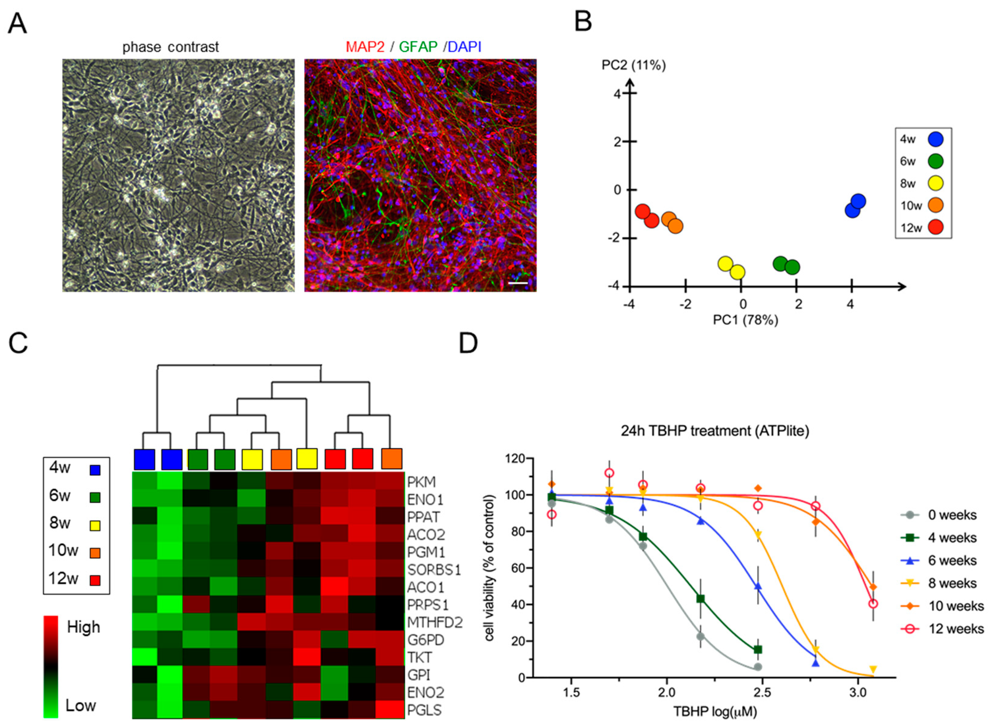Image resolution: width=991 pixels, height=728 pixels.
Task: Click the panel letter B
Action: tap(583, 22)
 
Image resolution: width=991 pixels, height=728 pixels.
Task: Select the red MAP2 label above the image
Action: tap(365, 47)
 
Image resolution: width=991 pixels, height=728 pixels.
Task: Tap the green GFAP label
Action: tap(418, 47)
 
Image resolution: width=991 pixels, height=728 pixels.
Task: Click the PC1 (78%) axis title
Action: tap(745, 319)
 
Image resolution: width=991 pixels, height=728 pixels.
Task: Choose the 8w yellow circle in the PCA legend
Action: tap(936, 183)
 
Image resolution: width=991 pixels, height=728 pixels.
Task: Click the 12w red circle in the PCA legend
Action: tap(936, 227)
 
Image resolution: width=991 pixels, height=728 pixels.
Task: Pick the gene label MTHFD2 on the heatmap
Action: tap(435, 622)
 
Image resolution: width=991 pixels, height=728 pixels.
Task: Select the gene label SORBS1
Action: tap(434, 570)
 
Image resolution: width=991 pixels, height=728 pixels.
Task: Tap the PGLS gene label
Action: tap(424, 710)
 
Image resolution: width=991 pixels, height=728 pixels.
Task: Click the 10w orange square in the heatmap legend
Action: tap(95, 553)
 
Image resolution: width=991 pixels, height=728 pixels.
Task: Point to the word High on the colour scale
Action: tap(83, 627)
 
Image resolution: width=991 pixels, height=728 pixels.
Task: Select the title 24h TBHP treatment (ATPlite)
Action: tap(715, 431)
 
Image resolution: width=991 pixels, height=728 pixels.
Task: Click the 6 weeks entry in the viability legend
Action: tap(952, 560)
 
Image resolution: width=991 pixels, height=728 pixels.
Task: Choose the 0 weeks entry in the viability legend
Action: tap(952, 515)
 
